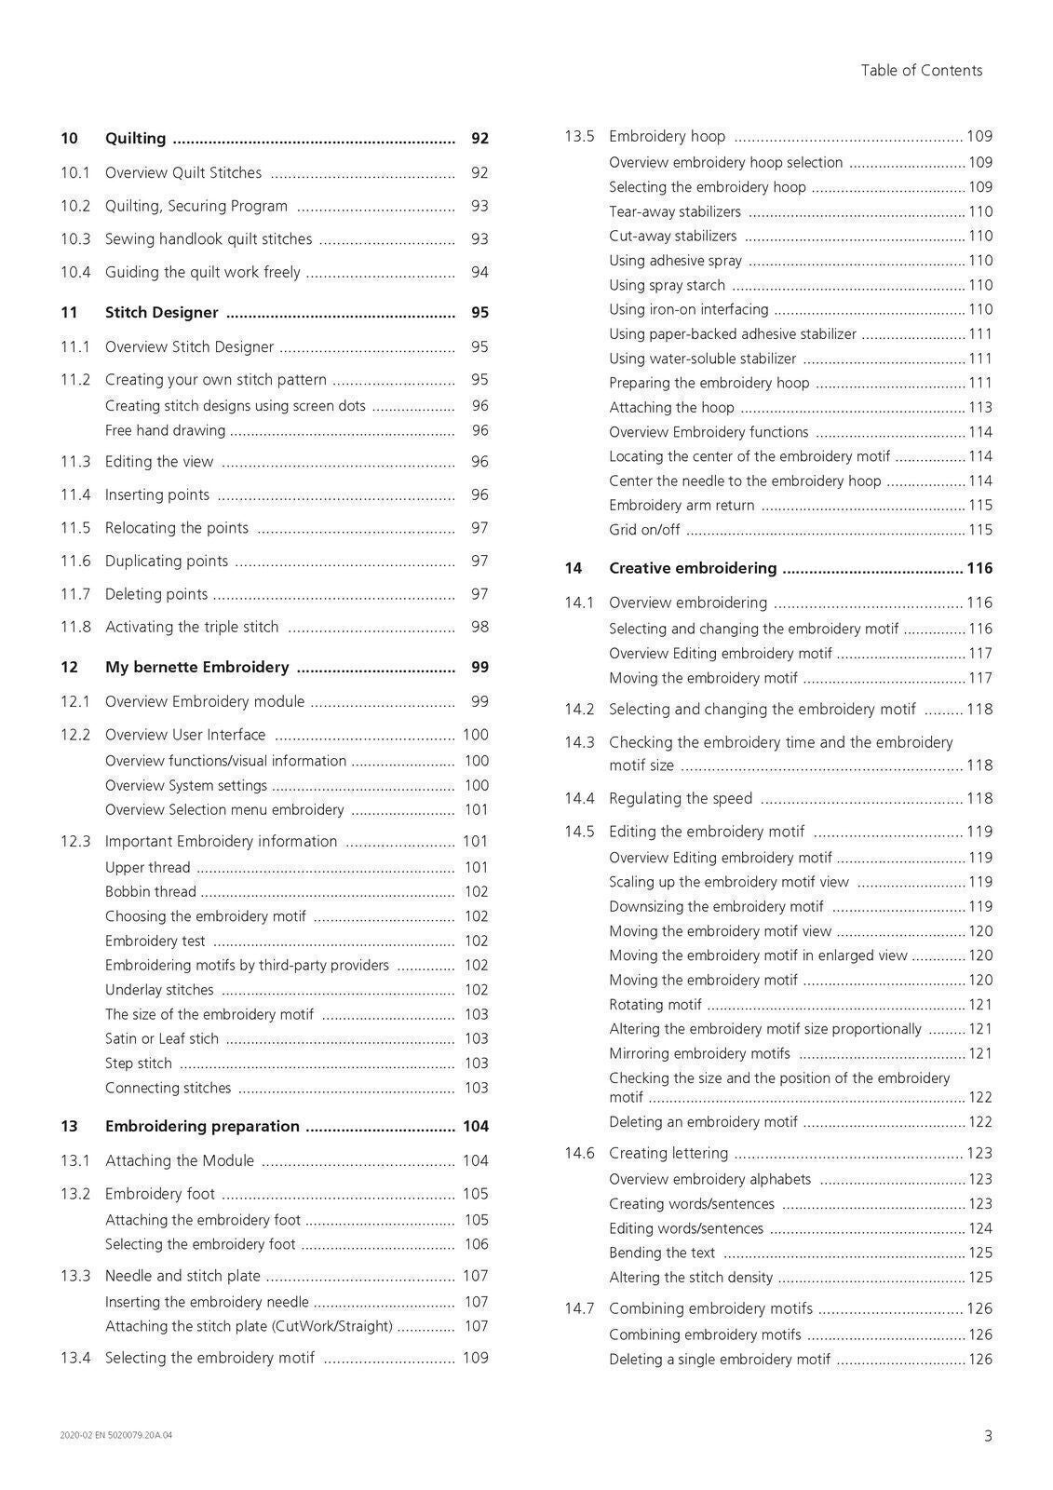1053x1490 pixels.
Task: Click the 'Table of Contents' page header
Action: pyautogui.click(x=921, y=71)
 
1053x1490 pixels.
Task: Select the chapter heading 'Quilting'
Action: pyautogui.click(x=135, y=139)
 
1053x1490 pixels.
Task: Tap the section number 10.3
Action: pyautogui.click(x=75, y=239)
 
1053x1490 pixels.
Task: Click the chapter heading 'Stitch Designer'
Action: pyautogui.click(x=161, y=313)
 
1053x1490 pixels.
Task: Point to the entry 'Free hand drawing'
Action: pyautogui.click(x=165, y=430)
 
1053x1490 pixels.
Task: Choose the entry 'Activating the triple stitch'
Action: pyautogui.click(x=192, y=627)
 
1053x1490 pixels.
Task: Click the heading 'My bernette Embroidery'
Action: pyautogui.click(x=196, y=667)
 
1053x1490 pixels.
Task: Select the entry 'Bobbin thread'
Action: pyautogui.click(x=151, y=891)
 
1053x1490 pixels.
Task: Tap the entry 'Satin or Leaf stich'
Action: pyautogui.click(x=162, y=1038)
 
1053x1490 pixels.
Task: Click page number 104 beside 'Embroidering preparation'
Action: pyautogui.click(x=475, y=1127)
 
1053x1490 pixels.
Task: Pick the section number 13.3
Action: pyautogui.click(x=75, y=1276)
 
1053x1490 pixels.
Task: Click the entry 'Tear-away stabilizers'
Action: pyautogui.click(x=675, y=211)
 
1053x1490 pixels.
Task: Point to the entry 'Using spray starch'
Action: pyautogui.click(x=667, y=285)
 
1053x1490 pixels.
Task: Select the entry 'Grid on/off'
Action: pyautogui.click(x=644, y=530)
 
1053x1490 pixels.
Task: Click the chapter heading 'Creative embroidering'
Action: pyautogui.click(x=693, y=568)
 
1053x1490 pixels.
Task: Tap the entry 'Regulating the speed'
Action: pyautogui.click(x=681, y=798)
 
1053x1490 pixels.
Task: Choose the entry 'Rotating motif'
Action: pyautogui.click(x=655, y=1005)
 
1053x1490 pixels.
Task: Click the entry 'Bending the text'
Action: pyautogui.click(x=662, y=1253)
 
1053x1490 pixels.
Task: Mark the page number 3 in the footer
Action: pyautogui.click(x=988, y=1436)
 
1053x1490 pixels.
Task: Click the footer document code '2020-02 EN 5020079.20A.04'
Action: pyautogui.click(x=116, y=1435)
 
